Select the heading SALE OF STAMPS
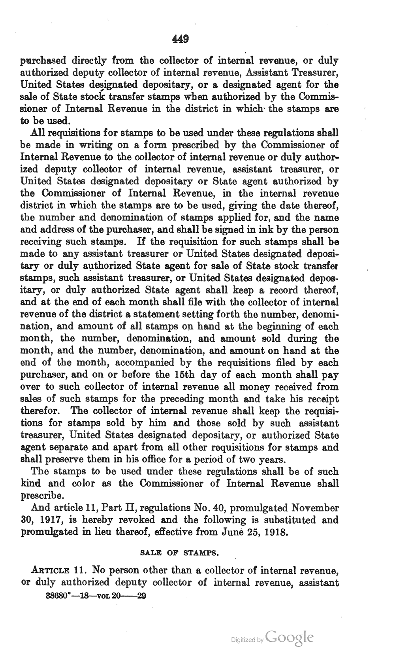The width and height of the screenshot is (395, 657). pos(180,552)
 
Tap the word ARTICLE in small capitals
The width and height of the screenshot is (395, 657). pos(50,570)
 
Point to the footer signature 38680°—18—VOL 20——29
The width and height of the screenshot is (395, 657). pos(96,596)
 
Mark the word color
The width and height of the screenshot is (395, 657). pos(84,483)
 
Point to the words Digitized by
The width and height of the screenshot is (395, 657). pos(247,639)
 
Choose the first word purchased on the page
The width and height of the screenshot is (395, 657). pos(43,61)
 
